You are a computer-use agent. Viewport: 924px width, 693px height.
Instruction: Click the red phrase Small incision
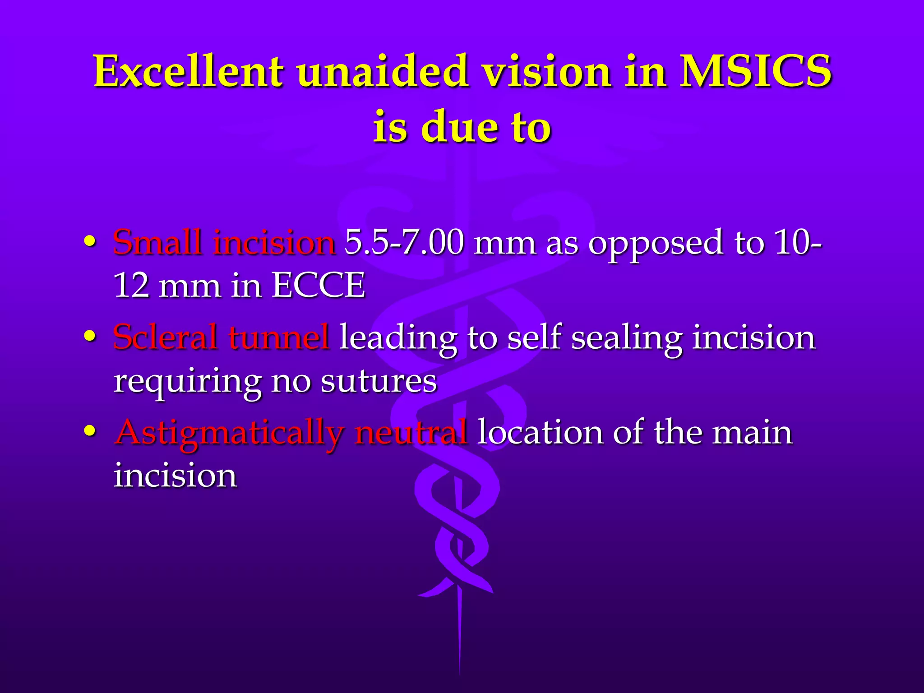point(224,243)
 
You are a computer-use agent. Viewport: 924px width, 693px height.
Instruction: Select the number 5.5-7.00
point(404,243)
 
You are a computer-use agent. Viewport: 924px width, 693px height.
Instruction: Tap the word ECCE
point(319,286)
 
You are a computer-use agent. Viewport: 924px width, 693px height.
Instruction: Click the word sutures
point(379,381)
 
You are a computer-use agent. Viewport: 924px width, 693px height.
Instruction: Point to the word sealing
point(627,338)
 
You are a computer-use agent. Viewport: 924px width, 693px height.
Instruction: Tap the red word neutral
point(411,432)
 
